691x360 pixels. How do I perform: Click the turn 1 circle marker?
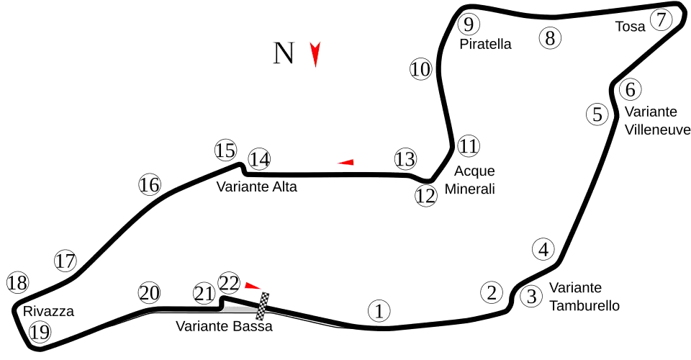click(379, 311)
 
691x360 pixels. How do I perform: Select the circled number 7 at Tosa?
click(661, 20)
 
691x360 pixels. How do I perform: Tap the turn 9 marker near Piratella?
click(468, 24)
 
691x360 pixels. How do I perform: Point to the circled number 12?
click(426, 194)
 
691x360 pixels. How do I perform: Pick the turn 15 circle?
click(225, 151)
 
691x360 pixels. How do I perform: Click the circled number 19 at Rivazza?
click(40, 333)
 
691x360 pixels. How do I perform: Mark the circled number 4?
click(543, 250)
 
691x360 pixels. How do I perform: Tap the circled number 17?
click(65, 261)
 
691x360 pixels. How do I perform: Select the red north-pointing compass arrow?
click(315, 56)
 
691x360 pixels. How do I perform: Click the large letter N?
click(284, 55)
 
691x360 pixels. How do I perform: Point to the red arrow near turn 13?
click(346, 163)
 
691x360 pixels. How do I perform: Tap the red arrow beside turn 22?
click(252, 286)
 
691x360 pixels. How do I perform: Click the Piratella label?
click(485, 44)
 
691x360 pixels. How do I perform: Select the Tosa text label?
click(631, 27)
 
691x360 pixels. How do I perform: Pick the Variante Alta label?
click(257, 186)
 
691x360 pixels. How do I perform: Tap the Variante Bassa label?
click(225, 327)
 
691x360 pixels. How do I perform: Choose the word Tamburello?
click(584, 305)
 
